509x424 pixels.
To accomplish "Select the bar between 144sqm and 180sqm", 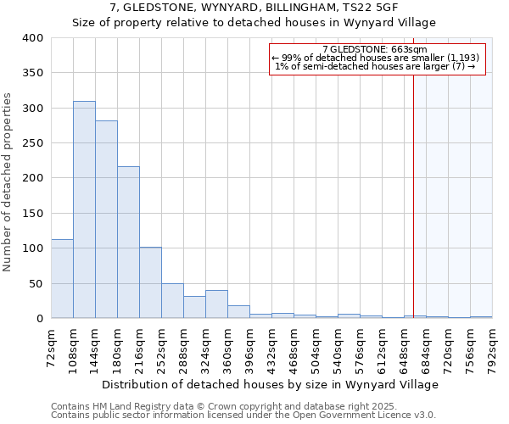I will (106, 220).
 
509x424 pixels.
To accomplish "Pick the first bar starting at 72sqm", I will (62, 279).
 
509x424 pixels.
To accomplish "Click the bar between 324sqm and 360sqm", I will (216, 304).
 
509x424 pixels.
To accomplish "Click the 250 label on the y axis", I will (32, 143).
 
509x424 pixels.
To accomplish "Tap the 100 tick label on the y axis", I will (32, 248).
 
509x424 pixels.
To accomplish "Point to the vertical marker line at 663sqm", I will (414, 187).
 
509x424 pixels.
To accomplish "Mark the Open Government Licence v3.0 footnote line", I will (243, 416).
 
